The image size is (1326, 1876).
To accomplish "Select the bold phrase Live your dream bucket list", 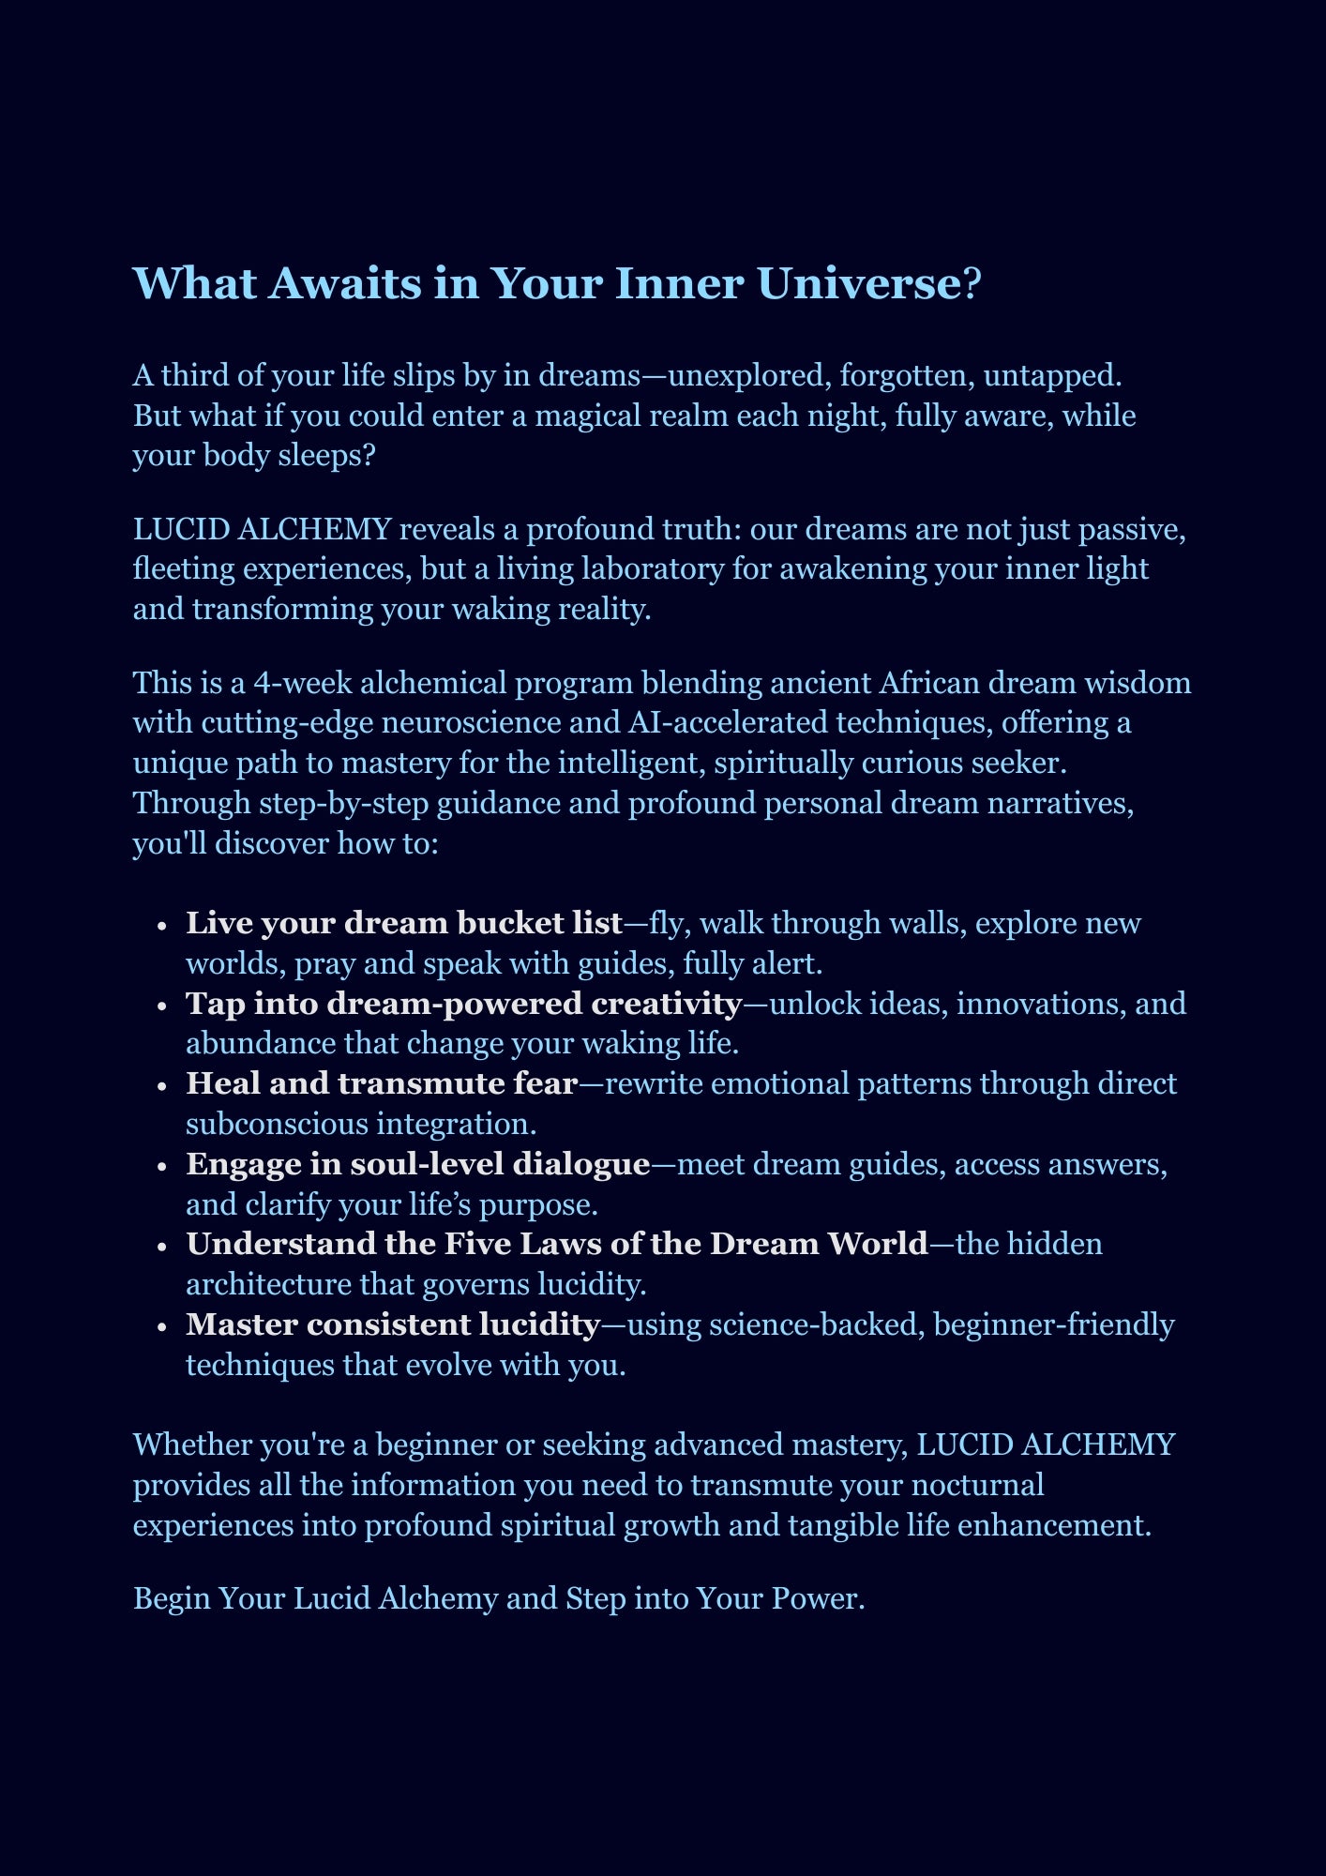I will click(404, 924).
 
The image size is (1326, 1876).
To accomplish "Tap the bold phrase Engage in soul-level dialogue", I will click(417, 1165).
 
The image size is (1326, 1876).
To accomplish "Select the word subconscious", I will click(277, 1125).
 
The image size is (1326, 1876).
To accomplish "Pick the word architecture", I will click(269, 1285).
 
